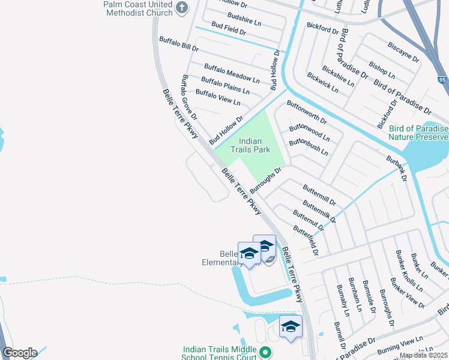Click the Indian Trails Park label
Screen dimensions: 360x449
(x=250, y=145)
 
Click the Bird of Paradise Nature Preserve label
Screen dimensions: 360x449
(x=418, y=133)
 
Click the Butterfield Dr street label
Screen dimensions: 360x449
(x=305, y=239)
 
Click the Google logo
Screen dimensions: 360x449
(x=19, y=353)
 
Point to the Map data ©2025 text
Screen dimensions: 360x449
(x=424, y=355)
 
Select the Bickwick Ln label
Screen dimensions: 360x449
(x=322, y=83)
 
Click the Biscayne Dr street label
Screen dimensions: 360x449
(x=403, y=52)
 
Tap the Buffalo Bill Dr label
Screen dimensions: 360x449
(x=178, y=43)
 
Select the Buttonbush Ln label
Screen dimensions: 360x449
(x=309, y=147)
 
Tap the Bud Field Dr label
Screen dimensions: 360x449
(x=229, y=29)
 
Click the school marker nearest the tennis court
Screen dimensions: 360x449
(x=291, y=328)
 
